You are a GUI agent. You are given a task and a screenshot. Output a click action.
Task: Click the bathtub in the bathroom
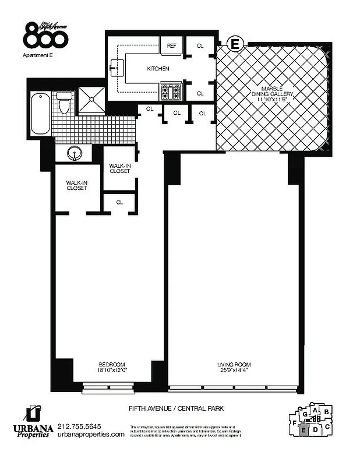pyautogui.click(x=40, y=114)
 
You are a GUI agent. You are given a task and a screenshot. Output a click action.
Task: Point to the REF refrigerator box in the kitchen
pyautogui.click(x=172, y=45)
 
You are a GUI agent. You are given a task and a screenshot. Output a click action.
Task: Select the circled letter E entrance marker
pyautogui.click(x=235, y=43)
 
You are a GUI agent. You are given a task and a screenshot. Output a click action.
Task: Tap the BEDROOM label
pyautogui.click(x=111, y=365)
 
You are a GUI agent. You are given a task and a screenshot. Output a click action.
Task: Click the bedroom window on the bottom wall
pyautogui.click(x=108, y=386)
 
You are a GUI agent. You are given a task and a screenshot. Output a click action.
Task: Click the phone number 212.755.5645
pyautogui.click(x=79, y=426)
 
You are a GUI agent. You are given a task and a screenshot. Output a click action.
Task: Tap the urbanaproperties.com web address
pyautogui.click(x=91, y=435)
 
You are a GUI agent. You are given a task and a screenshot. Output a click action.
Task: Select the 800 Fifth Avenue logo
pyautogui.click(x=46, y=35)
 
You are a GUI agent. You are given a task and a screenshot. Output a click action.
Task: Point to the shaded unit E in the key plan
pyautogui.click(x=303, y=430)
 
